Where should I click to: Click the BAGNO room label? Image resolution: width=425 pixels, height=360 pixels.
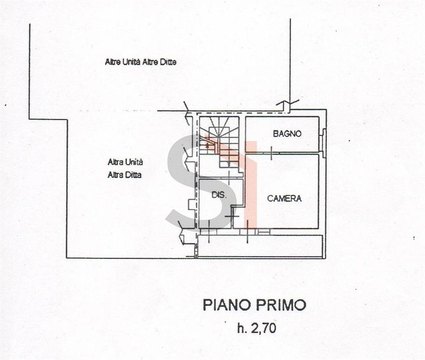point(287,134)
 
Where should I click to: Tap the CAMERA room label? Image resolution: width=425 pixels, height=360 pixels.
point(284,199)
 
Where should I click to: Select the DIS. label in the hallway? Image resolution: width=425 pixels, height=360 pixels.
point(219,195)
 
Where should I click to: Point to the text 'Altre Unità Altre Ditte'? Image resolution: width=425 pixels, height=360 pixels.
point(141,62)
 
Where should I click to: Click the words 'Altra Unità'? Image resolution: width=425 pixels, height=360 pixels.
point(125,162)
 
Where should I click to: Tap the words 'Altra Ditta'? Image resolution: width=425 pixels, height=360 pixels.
point(125,175)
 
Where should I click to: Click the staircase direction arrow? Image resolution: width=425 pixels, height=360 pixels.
point(207,145)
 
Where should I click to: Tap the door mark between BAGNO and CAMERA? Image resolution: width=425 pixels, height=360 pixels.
point(271,153)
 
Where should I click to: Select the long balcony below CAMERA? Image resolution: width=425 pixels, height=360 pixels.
point(260,246)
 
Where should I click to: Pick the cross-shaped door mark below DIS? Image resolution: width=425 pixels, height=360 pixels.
point(232,216)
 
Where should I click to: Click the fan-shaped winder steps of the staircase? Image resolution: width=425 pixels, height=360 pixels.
point(219,127)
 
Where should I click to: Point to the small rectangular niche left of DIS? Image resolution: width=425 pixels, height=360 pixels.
point(192,204)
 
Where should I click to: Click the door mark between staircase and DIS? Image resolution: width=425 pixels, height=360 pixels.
point(229,176)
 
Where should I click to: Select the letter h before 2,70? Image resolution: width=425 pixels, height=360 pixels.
point(241,328)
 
